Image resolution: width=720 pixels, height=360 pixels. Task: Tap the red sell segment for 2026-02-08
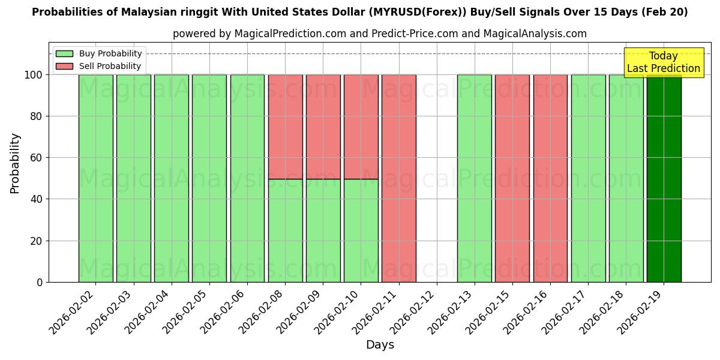click(x=285, y=127)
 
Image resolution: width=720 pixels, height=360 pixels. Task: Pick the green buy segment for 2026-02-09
click(x=323, y=230)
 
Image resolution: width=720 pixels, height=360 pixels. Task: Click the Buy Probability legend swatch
click(x=64, y=53)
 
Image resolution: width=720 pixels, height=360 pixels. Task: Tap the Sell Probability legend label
click(x=110, y=66)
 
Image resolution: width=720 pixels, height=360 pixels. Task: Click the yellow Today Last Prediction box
click(x=663, y=62)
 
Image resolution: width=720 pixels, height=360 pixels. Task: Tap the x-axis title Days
click(x=380, y=345)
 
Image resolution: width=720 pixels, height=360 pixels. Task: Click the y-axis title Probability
click(x=15, y=163)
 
